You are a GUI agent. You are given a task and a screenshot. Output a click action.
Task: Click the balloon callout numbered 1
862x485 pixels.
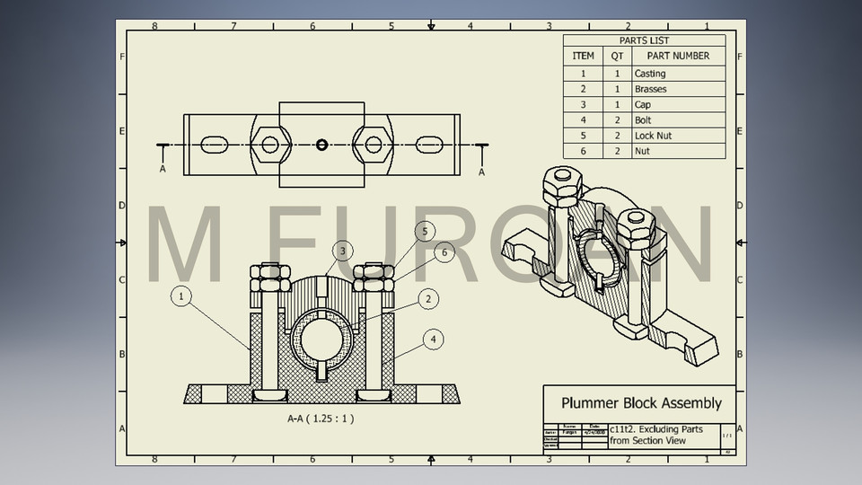tap(181, 295)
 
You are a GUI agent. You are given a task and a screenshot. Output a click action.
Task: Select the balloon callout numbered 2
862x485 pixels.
tap(429, 298)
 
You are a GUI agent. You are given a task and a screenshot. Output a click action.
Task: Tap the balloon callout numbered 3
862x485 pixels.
tap(342, 251)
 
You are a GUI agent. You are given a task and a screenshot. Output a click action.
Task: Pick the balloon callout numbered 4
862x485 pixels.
tap(433, 339)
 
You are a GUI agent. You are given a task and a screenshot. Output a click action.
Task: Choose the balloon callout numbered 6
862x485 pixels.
tap(443, 253)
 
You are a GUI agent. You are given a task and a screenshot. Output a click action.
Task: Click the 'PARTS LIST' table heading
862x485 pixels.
tap(644, 40)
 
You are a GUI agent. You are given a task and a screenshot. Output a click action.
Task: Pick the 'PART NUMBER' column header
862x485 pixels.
tap(678, 56)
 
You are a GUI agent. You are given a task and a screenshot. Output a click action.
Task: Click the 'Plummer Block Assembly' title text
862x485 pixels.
tap(641, 403)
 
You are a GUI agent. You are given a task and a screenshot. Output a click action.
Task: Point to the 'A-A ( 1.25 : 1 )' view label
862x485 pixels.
tap(321, 419)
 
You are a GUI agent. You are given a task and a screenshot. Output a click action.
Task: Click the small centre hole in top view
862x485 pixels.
tap(321, 145)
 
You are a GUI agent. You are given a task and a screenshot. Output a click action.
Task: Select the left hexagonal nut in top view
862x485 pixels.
tap(269, 145)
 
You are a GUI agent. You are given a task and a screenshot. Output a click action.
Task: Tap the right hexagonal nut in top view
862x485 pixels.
tap(373, 145)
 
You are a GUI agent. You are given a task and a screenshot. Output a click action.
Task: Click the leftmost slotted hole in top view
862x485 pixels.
tap(214, 145)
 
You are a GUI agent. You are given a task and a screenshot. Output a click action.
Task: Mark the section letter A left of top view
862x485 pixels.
tap(163, 168)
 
